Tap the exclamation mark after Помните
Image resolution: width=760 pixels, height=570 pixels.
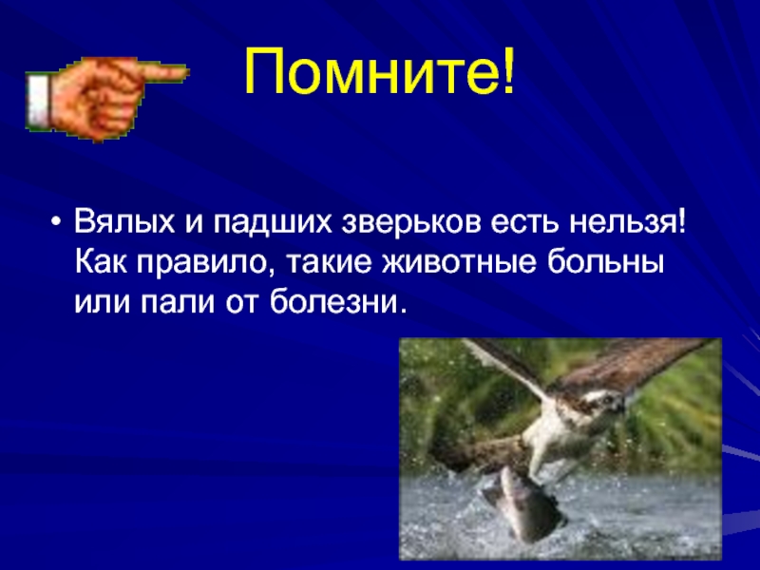point(508,71)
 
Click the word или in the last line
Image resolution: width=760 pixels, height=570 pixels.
point(102,303)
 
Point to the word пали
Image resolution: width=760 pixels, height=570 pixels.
point(178,303)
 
